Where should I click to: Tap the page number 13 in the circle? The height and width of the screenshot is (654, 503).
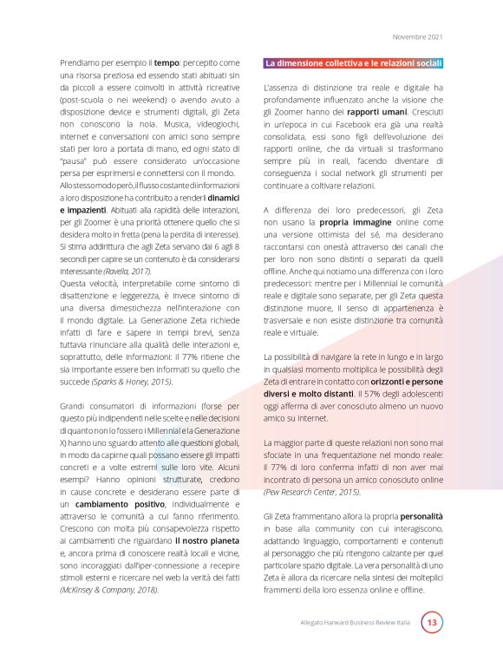tap(432, 622)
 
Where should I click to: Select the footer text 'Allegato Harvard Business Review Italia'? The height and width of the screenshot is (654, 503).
tap(355, 623)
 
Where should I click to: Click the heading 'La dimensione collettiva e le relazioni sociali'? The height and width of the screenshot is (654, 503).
tap(354, 63)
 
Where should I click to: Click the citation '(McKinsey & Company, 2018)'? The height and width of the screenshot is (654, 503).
tap(110, 588)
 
